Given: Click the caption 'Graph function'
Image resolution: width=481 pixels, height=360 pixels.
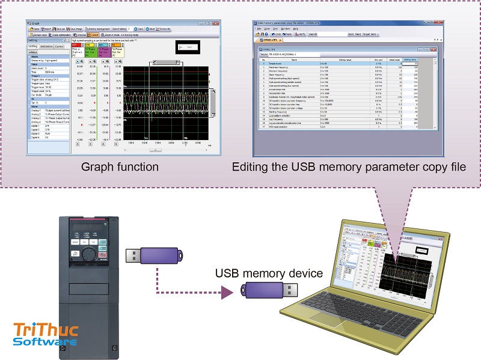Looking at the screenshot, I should click(121, 166).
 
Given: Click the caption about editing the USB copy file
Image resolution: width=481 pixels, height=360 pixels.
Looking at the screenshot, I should click(349, 166).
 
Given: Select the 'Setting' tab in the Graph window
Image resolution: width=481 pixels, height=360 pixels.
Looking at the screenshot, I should click(33, 46).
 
